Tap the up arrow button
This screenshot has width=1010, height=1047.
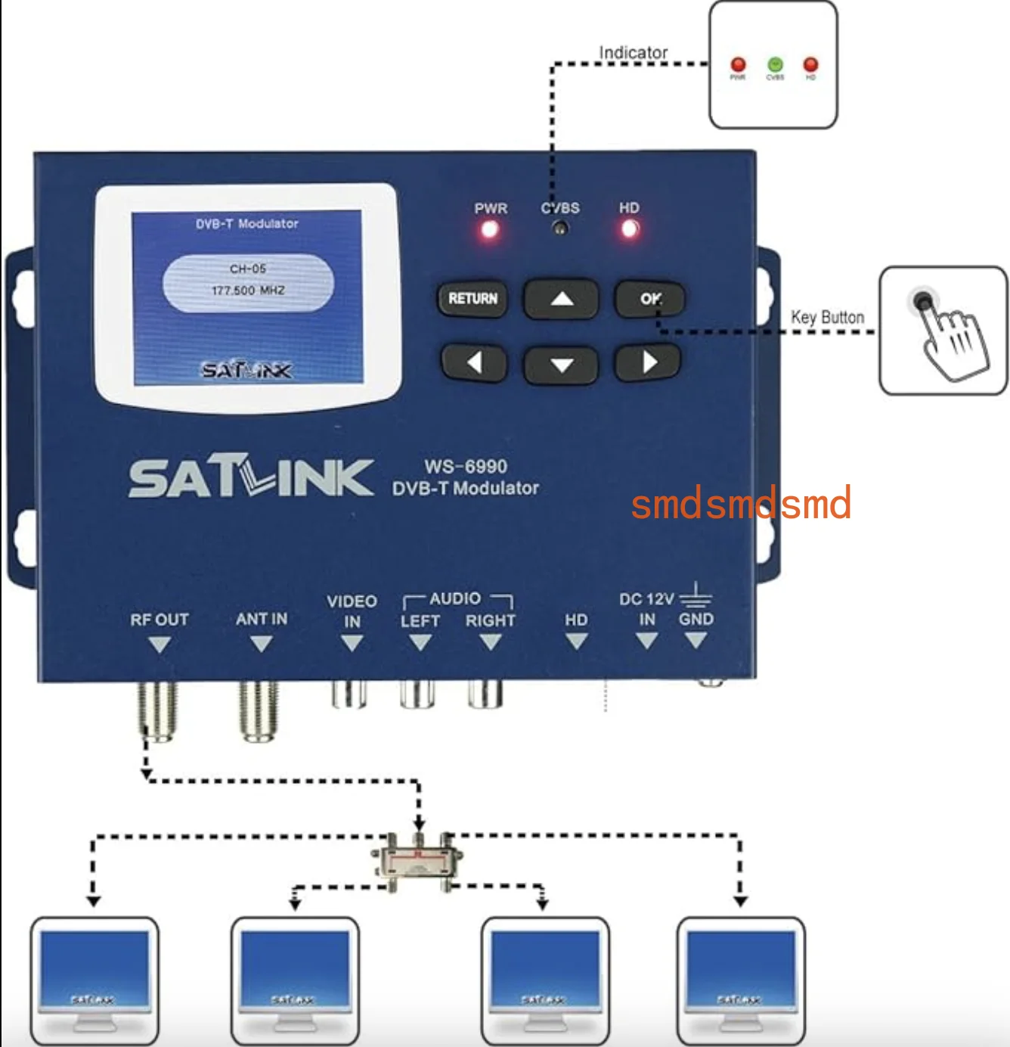click(561, 299)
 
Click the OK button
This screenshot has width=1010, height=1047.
click(649, 298)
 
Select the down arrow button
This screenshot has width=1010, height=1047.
click(561, 365)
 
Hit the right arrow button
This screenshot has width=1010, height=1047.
click(649, 363)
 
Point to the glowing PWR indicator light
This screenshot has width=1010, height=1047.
click(490, 229)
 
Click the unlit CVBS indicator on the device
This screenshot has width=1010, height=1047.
click(560, 228)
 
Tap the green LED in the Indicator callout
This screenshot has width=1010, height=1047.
click(775, 64)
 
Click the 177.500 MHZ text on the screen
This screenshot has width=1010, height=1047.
click(248, 290)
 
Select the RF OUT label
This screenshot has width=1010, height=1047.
click(159, 620)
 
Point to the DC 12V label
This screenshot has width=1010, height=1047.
click(646, 599)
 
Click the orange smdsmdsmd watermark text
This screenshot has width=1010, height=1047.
click(741, 504)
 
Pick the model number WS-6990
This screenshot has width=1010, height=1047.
click(466, 466)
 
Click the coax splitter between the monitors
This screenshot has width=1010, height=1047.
click(417, 861)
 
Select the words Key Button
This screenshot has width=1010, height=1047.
click(827, 317)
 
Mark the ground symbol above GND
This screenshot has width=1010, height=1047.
click(696, 595)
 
